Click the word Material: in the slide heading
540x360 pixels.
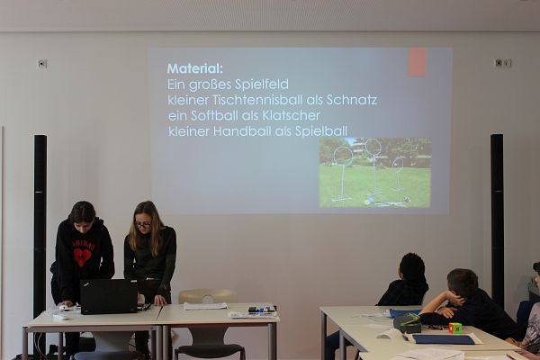pos(195,68)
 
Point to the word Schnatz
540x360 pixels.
pos(352,100)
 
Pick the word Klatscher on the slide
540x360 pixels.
pos(292,115)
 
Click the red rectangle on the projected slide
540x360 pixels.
pos(418,62)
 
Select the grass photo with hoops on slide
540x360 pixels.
pos(375,173)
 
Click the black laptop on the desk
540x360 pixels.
pos(109,296)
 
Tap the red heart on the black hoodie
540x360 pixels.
pos(82,257)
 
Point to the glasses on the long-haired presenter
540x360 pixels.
pos(143,225)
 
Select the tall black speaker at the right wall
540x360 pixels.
pos(497,220)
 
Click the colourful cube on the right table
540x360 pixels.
pos(455,328)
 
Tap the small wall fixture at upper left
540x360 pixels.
pos(42,64)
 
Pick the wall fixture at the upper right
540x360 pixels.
pos(503,63)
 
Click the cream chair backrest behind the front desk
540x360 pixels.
pos(207,296)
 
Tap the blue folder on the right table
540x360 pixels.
pos(443,339)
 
